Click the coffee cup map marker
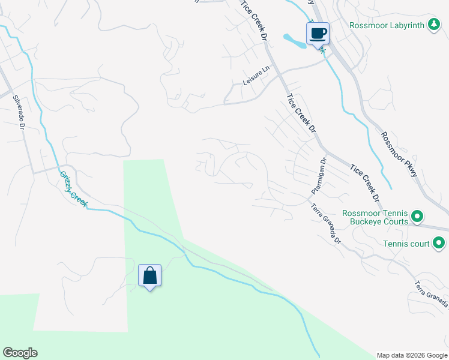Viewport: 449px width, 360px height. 318,33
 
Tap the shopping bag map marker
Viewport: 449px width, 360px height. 149,276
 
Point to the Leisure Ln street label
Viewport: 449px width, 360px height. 257,75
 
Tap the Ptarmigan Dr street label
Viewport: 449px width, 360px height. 319,176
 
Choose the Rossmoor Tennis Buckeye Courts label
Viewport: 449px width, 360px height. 375,217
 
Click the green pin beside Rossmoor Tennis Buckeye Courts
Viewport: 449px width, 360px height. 418,217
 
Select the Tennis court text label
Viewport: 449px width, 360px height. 406,244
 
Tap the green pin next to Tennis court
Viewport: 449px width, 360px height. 439,244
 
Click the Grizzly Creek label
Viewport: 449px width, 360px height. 73,190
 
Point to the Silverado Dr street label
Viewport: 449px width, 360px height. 18,114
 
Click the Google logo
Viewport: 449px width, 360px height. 20,353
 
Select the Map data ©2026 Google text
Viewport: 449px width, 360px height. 411,355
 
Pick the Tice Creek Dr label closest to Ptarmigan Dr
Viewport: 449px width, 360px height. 366,182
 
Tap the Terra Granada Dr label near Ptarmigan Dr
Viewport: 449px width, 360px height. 326,224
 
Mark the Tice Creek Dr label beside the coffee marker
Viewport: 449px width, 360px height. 255,19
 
